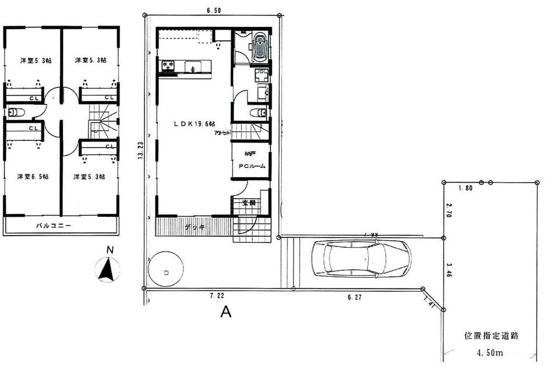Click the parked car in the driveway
[x=361, y=258]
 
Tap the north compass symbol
[x=108, y=269]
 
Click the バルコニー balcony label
[x=53, y=226]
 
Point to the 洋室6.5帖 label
[x=33, y=177]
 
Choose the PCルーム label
[x=252, y=166]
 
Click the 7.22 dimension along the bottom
[x=216, y=296]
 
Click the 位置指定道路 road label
[x=492, y=335]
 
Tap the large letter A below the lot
[x=225, y=312]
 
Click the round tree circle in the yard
[x=166, y=269]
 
